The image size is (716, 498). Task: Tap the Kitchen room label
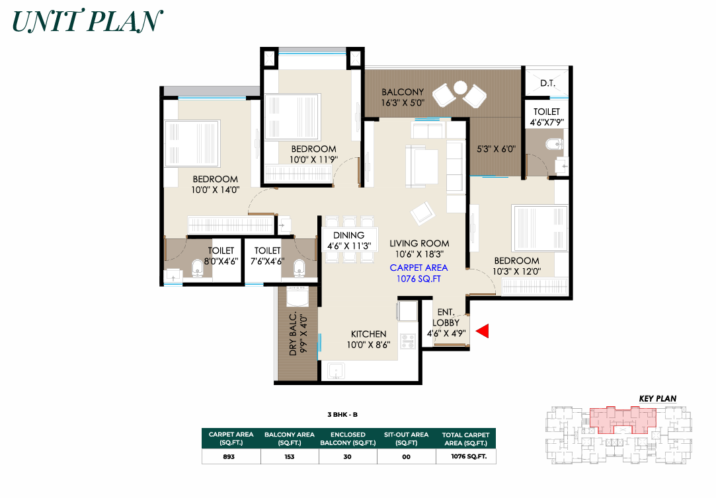368,334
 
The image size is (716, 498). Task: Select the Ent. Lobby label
446,318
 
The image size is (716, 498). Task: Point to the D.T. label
547,83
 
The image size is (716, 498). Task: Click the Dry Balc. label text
293,334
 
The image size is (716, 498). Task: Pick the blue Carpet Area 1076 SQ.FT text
418,273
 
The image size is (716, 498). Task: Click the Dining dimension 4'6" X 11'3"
349,246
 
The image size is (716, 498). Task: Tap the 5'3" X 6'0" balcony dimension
496,149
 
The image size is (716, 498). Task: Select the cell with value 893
229,456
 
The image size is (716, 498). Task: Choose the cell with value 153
290,456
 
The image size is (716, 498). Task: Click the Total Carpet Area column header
466,439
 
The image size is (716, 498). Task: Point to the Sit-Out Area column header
407,439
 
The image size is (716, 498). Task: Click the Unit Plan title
87,21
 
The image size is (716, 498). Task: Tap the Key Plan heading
658,398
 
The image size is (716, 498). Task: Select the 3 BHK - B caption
342,415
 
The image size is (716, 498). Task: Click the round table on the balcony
460,87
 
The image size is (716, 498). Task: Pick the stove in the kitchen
408,341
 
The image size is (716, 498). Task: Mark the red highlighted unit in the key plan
623,419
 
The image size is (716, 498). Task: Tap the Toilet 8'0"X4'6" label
221,256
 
